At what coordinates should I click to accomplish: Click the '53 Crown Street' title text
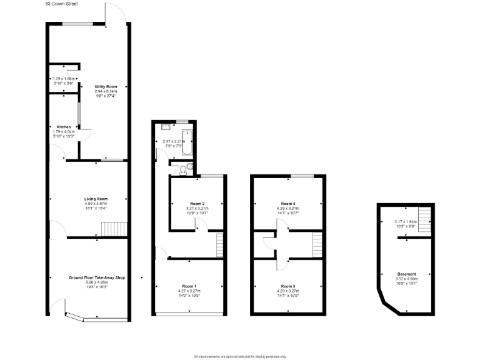coord(66,3)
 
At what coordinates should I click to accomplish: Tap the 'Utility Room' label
coord(106,86)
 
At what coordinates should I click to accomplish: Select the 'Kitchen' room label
coord(64,127)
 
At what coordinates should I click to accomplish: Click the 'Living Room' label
coord(96,199)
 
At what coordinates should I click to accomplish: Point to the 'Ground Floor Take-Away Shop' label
coord(96,277)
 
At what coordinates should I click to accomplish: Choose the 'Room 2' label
coord(197,204)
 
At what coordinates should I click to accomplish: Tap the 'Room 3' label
coord(288,286)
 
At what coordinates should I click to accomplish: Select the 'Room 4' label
coord(288,204)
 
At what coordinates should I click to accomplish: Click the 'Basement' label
coord(406,274)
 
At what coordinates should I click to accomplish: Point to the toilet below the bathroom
coord(182,169)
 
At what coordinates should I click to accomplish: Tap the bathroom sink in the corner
coord(165,126)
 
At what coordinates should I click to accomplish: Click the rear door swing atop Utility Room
coord(112,14)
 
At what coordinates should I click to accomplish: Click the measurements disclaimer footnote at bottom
coord(240,356)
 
